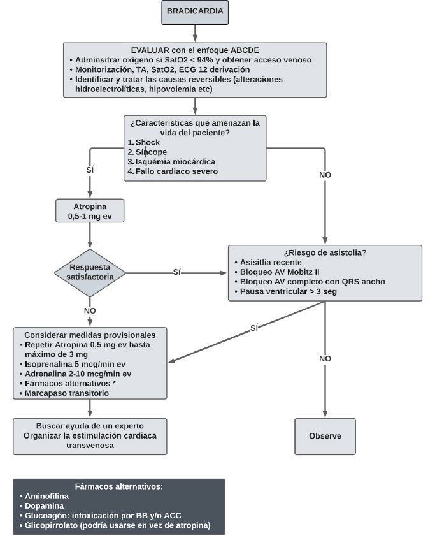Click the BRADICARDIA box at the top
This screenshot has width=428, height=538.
point(195,12)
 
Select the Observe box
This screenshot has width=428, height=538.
point(325,436)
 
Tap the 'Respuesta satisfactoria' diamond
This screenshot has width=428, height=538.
point(90,273)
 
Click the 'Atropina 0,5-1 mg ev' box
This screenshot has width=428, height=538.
point(90,210)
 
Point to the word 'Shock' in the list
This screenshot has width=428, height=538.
point(148,142)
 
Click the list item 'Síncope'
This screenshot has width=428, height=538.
point(151,152)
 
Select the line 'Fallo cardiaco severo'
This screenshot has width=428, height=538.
point(176,171)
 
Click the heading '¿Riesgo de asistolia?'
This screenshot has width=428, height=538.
point(325,252)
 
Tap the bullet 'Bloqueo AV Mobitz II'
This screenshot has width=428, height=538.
point(280,272)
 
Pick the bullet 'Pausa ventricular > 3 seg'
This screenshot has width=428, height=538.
point(288,292)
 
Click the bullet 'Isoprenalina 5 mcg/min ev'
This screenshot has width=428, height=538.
point(75,364)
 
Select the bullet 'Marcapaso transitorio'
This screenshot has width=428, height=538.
point(66,393)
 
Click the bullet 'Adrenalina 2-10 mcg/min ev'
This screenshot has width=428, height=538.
point(78,374)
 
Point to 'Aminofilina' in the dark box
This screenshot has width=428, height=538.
point(46,496)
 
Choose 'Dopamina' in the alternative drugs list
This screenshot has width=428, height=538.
point(44,505)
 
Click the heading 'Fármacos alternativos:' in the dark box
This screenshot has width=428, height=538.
point(118,486)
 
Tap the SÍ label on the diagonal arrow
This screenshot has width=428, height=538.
point(253,328)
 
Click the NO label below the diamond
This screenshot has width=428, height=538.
point(90,310)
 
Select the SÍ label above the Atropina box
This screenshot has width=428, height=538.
point(90,170)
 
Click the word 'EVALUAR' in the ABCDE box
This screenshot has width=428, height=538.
point(150,50)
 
